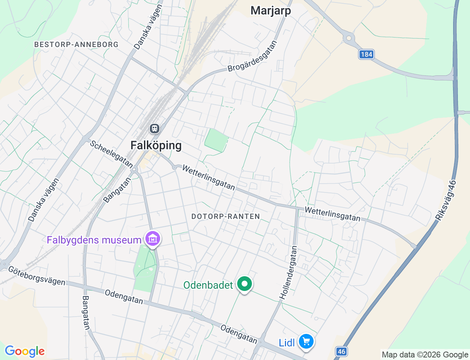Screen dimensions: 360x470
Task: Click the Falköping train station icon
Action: click(x=155, y=129)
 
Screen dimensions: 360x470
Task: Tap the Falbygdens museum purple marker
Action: click(x=153, y=239)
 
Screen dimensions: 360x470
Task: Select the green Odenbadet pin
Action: click(x=245, y=284)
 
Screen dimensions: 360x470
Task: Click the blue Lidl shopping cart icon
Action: click(x=306, y=342)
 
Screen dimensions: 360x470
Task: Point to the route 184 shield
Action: click(x=366, y=55)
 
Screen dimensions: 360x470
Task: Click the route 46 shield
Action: click(x=341, y=352)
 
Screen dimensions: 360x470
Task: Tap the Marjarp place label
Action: click(x=271, y=11)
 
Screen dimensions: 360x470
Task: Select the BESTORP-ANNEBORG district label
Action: click(x=76, y=44)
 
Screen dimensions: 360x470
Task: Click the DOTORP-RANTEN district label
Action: click(x=225, y=216)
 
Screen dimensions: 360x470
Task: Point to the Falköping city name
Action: click(x=156, y=145)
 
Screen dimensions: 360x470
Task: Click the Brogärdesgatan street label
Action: click(x=252, y=56)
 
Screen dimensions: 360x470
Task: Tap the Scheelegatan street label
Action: click(x=111, y=154)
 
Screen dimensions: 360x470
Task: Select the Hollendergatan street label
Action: click(x=288, y=272)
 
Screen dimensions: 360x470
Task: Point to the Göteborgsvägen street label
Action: click(x=36, y=276)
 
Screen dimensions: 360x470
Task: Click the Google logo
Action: click(x=25, y=351)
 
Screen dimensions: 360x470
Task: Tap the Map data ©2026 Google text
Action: click(x=425, y=354)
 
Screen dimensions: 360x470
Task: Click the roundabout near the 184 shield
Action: click(x=348, y=38)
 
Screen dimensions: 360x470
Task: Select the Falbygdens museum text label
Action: click(x=94, y=240)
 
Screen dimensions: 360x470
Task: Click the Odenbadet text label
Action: click(x=208, y=285)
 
